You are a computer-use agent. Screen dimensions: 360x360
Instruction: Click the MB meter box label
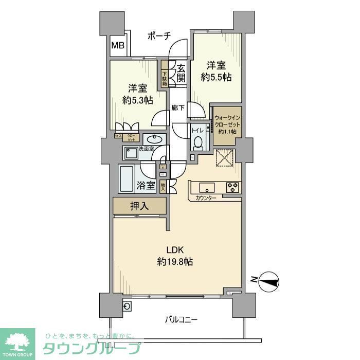click(118, 46)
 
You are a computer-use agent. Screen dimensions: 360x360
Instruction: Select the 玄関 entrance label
click(181, 73)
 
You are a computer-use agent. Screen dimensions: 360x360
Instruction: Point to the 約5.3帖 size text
click(138, 100)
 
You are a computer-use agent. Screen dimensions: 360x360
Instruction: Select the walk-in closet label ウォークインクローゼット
click(226, 124)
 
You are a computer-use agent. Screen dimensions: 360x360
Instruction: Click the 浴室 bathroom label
click(146, 185)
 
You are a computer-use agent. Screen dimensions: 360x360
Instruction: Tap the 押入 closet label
click(139, 207)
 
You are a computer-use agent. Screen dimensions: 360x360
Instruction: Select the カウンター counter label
click(206, 199)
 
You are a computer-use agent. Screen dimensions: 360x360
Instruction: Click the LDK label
click(175, 250)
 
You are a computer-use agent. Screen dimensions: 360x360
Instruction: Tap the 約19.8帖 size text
click(175, 262)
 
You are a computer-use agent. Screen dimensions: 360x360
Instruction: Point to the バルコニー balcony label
click(181, 319)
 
